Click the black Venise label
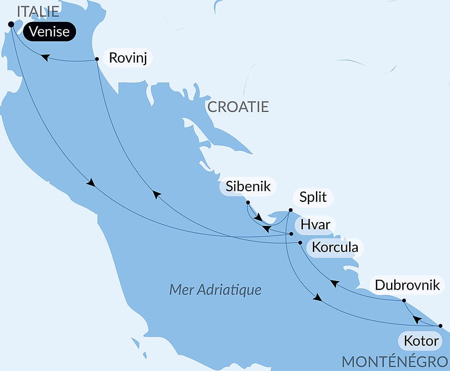click(x=49, y=32)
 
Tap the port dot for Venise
click(x=11, y=24)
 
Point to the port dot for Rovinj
click(x=97, y=59)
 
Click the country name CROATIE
click(x=238, y=107)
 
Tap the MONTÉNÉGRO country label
click(x=395, y=362)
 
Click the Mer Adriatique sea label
click(x=215, y=290)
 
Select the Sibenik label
click(x=248, y=187)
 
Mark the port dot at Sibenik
click(x=248, y=202)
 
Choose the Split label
click(x=313, y=197)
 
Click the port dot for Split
click(x=290, y=210)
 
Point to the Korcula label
click(x=335, y=247)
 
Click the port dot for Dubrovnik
click(x=404, y=300)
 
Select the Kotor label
click(x=421, y=341)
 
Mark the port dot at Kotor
click(x=440, y=326)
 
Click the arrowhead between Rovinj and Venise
click(x=45, y=58)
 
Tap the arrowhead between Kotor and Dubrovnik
click(x=417, y=319)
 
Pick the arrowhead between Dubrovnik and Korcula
click(x=334, y=283)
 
